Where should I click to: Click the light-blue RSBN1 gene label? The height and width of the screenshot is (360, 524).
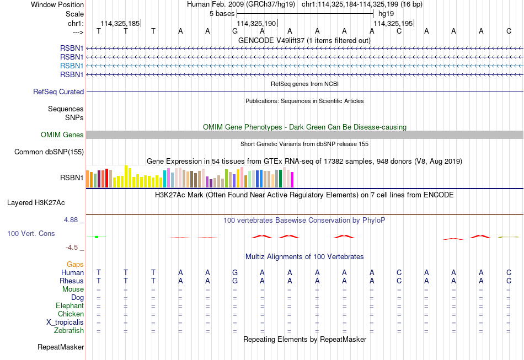click(72, 66)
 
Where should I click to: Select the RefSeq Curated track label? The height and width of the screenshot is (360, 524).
click(58, 92)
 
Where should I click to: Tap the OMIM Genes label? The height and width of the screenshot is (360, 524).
click(62, 135)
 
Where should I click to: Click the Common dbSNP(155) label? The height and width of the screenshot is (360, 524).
click(49, 152)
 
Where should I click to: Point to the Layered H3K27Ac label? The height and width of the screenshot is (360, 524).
click(36, 203)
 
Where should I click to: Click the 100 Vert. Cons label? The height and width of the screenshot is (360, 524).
click(31, 233)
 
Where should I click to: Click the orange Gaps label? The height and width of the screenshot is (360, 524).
click(75, 265)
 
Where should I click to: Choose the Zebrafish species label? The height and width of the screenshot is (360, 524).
click(69, 331)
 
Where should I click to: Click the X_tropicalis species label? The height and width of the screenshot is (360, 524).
click(65, 323)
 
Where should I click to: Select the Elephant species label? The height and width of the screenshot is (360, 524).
click(70, 306)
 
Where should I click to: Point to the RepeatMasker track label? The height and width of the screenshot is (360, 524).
click(61, 347)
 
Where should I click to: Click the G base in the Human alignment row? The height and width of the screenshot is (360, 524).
click(235, 272)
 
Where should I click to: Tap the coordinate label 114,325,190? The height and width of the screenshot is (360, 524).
click(256, 23)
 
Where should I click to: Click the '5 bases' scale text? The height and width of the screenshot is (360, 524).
click(222, 14)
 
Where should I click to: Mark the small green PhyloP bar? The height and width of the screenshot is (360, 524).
click(97, 237)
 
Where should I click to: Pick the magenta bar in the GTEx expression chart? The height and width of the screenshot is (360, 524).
click(292, 180)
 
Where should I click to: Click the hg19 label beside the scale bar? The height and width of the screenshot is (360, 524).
click(386, 14)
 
